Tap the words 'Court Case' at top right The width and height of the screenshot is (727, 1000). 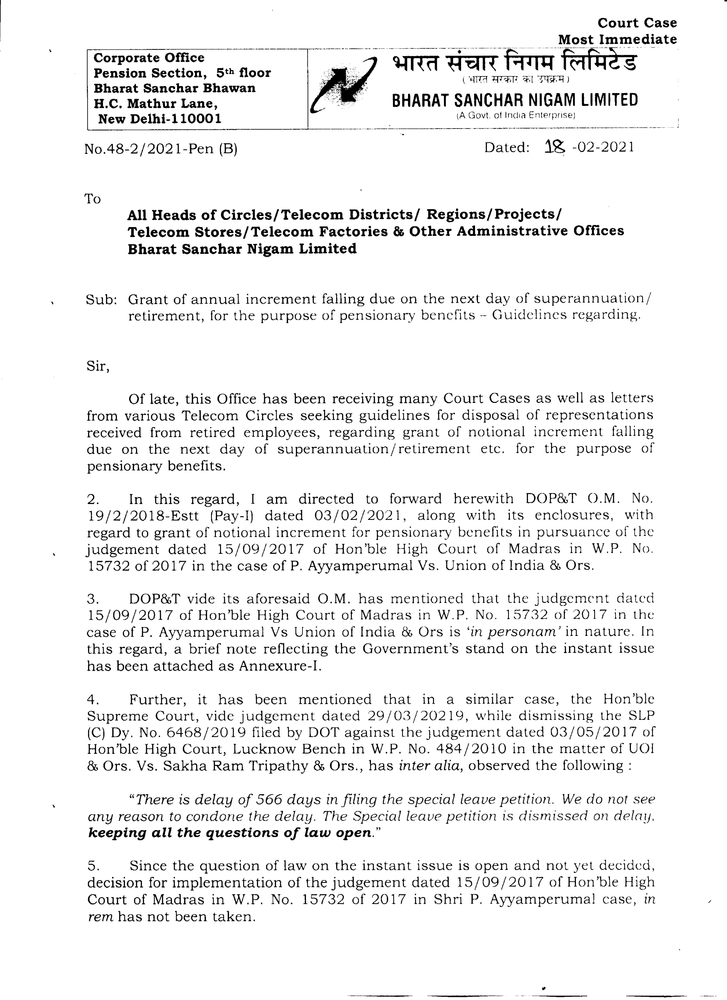click(637, 23)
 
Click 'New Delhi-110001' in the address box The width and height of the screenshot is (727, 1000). click(160, 119)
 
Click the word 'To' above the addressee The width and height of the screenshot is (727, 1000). click(93, 199)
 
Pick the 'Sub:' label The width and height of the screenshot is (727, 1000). click(101, 300)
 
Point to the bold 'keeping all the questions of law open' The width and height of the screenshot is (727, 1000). click(229, 833)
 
